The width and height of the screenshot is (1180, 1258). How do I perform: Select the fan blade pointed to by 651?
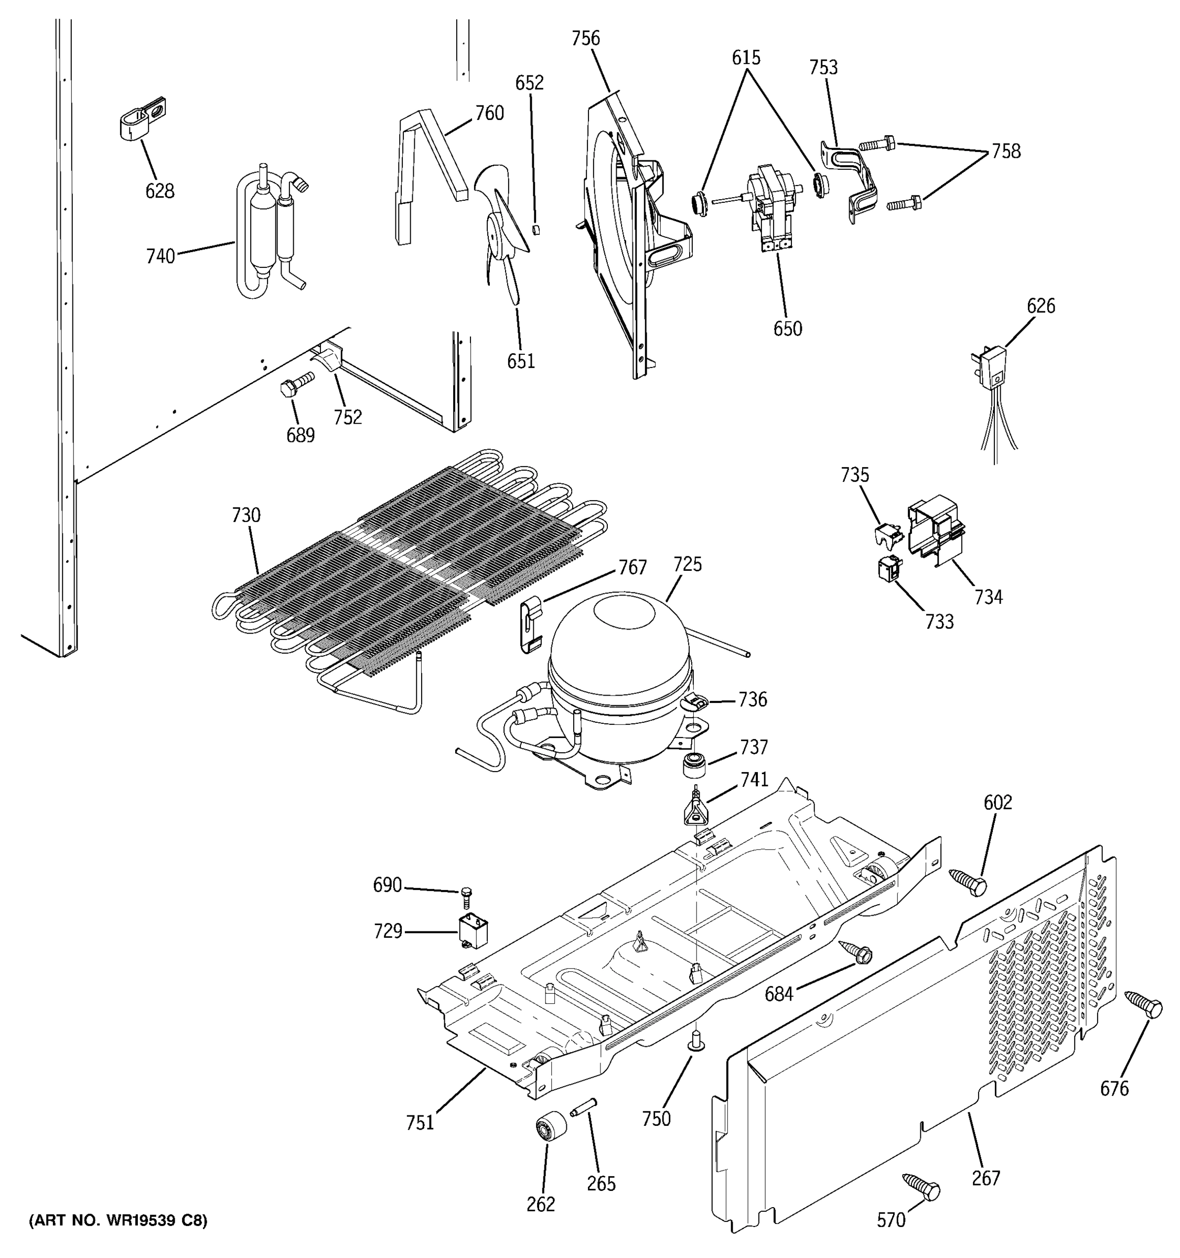[x=503, y=228]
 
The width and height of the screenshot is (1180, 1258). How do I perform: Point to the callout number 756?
[x=586, y=39]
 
